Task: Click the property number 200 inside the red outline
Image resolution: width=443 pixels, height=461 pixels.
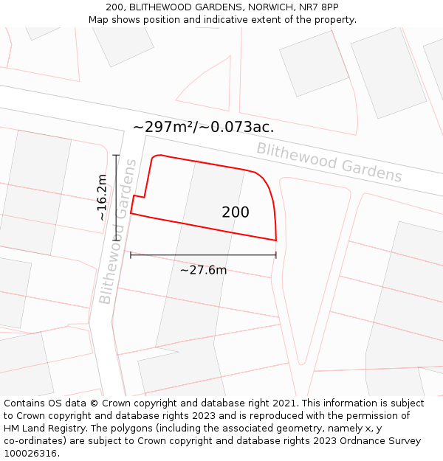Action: (x=236, y=212)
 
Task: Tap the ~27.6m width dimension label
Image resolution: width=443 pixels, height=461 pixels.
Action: (x=203, y=270)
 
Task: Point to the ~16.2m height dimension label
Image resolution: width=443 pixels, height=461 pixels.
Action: (x=103, y=197)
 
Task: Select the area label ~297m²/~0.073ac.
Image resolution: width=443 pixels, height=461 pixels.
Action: (x=203, y=127)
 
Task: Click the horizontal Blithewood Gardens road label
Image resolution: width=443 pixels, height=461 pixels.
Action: (x=329, y=162)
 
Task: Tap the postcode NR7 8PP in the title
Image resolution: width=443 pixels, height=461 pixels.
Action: (x=318, y=7)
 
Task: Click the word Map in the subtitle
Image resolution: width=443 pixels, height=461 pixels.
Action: (x=99, y=20)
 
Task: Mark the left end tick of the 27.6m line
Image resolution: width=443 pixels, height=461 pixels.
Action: (x=131, y=255)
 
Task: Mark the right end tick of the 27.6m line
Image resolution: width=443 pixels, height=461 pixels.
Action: (x=276, y=255)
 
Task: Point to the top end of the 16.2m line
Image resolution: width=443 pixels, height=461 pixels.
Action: (x=116, y=155)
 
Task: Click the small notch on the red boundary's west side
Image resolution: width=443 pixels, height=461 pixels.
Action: (x=138, y=197)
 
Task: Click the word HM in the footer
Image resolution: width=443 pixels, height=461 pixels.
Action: (x=13, y=429)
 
